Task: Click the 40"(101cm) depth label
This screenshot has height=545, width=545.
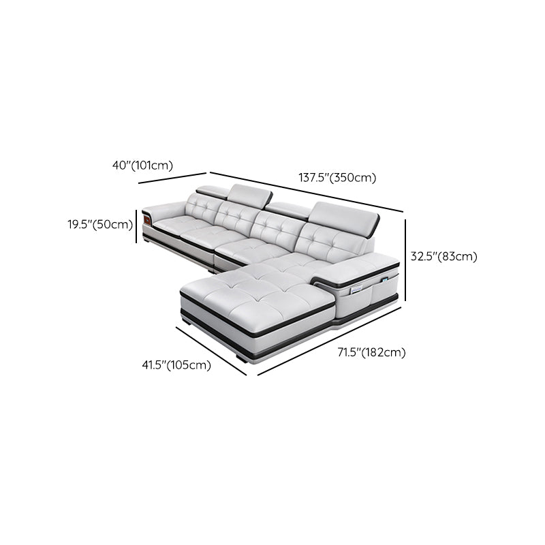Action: [x=143, y=165]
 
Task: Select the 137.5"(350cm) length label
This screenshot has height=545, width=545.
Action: [x=337, y=178]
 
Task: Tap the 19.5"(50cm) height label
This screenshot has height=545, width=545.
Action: [x=99, y=224]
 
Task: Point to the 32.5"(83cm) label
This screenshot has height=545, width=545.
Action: [x=443, y=257]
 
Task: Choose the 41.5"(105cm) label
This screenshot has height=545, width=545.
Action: [x=176, y=365]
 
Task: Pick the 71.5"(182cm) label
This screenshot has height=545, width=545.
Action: [x=371, y=352]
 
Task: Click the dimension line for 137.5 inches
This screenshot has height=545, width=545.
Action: [x=307, y=191]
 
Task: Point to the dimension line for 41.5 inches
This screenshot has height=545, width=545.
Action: [x=211, y=349]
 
